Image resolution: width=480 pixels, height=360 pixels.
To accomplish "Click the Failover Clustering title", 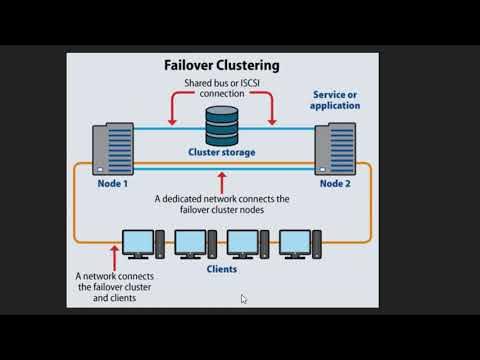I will click(x=221, y=65).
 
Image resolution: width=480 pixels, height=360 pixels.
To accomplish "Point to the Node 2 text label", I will click(x=336, y=183).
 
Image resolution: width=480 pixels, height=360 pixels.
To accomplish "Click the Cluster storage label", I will click(x=222, y=154).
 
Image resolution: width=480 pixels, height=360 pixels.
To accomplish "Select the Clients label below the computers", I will click(x=221, y=268).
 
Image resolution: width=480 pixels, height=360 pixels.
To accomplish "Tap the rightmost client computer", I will click(x=299, y=243).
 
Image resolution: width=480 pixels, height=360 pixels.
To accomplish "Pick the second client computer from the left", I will click(x=193, y=243).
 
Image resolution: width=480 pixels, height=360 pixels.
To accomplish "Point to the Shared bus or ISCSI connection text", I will click(x=222, y=87).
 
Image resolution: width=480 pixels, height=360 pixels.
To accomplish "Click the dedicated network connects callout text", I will click(x=222, y=204).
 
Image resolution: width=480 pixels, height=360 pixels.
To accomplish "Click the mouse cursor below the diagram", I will click(x=244, y=298).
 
